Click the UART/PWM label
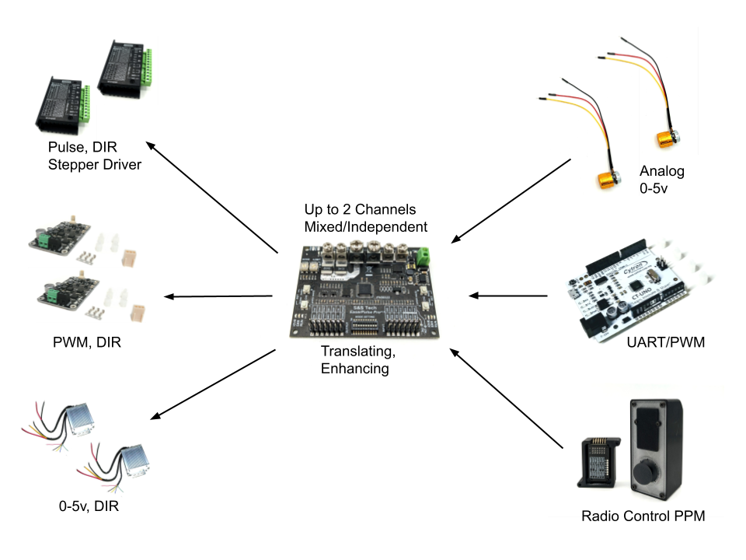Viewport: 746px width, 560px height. pos(665,341)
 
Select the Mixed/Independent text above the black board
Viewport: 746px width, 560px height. pos(365,228)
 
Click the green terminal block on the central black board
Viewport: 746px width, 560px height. pos(424,256)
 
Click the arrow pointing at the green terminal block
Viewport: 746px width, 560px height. pos(458,235)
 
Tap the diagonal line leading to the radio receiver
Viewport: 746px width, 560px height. pos(555,440)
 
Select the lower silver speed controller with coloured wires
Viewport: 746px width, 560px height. pos(126,462)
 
